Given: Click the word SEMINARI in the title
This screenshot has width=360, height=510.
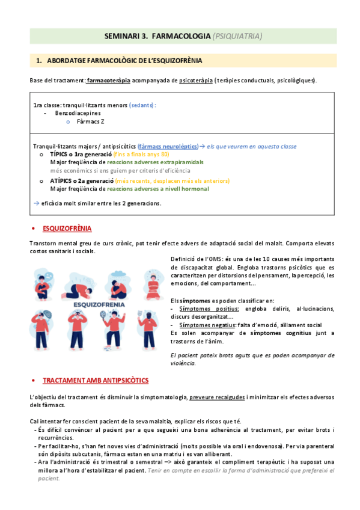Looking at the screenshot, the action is [123, 36].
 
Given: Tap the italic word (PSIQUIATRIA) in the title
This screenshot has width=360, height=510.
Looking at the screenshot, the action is [237, 36].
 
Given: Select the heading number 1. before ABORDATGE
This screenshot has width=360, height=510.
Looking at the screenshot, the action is [39, 61].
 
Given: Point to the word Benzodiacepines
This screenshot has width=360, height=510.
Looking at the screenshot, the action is [78, 112].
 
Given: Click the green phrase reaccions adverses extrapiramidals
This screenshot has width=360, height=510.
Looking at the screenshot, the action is [155, 162].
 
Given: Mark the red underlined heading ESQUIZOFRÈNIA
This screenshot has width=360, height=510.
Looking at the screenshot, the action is [67, 229].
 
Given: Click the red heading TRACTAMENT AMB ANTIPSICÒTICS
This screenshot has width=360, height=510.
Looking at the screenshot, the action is [96, 381].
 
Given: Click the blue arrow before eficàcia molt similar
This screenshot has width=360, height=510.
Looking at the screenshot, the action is [37, 203].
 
